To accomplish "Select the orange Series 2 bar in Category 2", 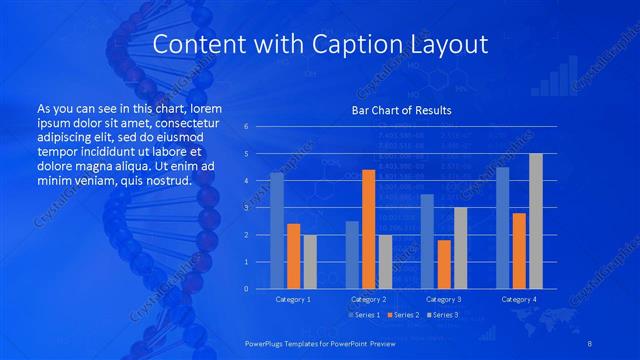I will (368, 229).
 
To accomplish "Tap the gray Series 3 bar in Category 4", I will (536, 221).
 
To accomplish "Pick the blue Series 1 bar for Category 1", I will (277, 231).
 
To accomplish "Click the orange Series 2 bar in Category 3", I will (444, 264).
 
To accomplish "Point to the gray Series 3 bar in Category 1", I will (310, 261).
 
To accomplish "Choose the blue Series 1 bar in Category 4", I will (503, 228).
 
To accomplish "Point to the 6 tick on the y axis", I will (246, 127).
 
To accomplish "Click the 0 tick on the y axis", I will (246, 289).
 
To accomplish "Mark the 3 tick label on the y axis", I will (246, 208).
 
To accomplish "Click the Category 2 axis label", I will (369, 299).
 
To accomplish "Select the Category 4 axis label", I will (518, 299).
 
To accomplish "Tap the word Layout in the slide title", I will (452, 45).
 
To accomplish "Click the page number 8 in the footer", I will (589, 342).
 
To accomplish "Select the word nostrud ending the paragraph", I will (163, 180).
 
